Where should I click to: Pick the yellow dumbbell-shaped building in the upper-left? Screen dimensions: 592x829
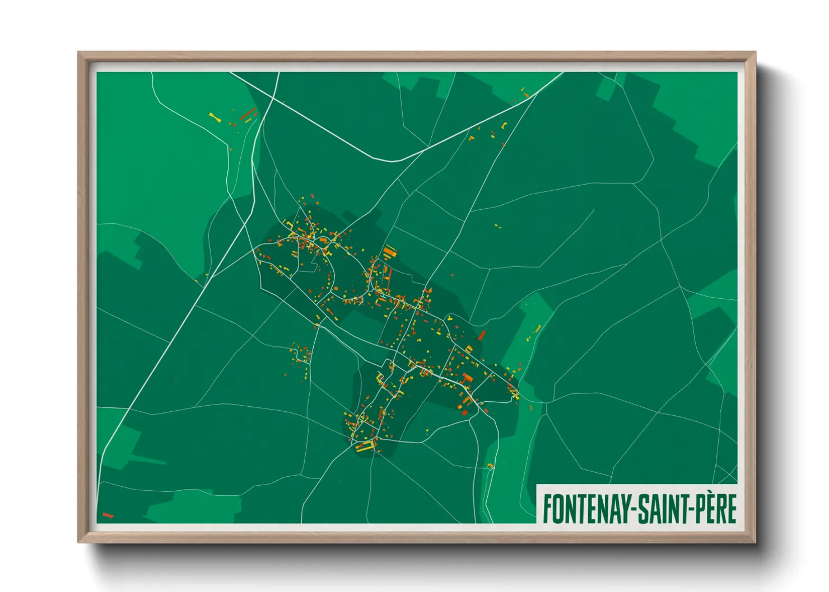coord(215,117)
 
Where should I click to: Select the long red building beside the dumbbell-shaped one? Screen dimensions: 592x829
coord(248,114)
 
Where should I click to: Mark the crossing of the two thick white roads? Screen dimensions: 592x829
coord(273,100)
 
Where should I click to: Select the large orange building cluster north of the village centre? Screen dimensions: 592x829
coord(390,251)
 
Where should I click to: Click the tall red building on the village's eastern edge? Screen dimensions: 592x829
coord(482,335)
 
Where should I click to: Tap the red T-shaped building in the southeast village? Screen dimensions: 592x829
coord(467,378)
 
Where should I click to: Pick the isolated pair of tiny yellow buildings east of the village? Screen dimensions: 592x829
coord(497,227)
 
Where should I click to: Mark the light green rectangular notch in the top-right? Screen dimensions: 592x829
coord(607,88)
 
